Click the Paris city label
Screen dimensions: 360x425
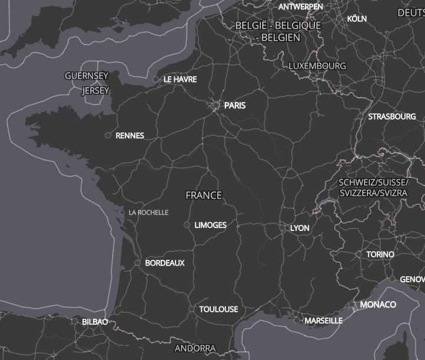[235, 105]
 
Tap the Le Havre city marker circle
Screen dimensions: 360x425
[155, 79]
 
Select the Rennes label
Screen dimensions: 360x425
[130, 136]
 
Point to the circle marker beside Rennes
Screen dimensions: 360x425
[108, 136]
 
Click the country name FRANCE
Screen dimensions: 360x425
[204, 195]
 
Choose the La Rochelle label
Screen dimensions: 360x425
[148, 213]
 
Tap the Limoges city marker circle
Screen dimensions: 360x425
[187, 225]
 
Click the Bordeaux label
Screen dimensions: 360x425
[165, 263]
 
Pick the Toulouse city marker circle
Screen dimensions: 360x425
[191, 309]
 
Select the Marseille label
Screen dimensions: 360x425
[323, 321]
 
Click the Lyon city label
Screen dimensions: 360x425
[300, 228]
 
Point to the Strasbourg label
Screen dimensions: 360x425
[392, 117]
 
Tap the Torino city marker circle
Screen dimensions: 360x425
[359, 255]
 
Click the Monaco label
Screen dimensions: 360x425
[378, 305]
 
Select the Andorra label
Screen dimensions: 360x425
[195, 348]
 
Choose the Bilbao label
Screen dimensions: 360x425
[95, 322]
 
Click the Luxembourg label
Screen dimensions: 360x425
[317, 65]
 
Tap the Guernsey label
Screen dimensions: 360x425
[87, 76]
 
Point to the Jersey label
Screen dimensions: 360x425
[96, 91]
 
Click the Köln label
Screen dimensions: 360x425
[357, 19]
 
